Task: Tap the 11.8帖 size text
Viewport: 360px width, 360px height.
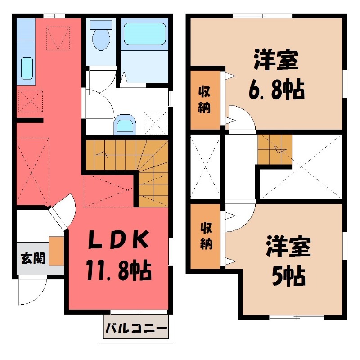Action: pyautogui.click(x=118, y=270)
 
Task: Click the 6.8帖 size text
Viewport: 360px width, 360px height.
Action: pyautogui.click(x=276, y=90)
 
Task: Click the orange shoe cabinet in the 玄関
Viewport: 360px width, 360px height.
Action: pyautogui.click(x=56, y=250)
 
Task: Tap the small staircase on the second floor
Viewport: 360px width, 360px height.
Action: pyautogui.click(x=275, y=149)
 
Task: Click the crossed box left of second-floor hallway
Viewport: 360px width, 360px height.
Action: pyautogui.click(x=205, y=166)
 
